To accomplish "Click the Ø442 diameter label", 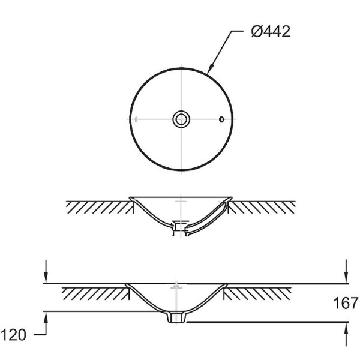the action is tap(271, 32).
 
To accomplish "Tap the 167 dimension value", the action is tap(346, 303).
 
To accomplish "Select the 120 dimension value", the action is tap(13, 335).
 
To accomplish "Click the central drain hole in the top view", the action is tap(181, 119).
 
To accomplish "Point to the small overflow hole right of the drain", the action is tap(221, 119).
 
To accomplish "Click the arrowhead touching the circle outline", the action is tap(211, 68).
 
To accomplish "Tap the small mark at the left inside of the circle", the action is tap(136, 119).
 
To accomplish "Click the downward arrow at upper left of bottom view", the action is tap(46, 271).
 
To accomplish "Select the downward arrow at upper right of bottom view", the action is tap(347, 271).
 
